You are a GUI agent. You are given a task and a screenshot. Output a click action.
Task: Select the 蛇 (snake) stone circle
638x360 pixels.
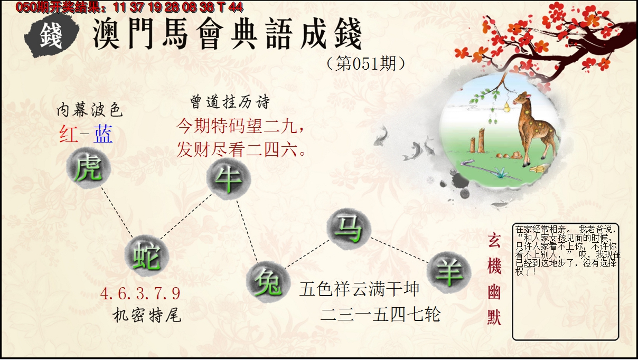pyautogui.click(x=146, y=255)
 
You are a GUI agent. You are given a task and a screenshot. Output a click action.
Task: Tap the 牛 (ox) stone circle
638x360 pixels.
pyautogui.click(x=228, y=179)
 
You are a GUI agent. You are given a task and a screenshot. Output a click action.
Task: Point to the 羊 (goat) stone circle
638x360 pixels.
pyautogui.click(x=448, y=271)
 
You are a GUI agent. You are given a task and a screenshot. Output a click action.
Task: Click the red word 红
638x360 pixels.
pyautogui.click(x=69, y=135)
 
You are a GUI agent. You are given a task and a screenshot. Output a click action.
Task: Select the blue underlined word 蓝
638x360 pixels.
pyautogui.click(x=103, y=135)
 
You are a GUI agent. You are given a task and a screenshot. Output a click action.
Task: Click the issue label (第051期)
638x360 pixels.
pyautogui.click(x=366, y=64)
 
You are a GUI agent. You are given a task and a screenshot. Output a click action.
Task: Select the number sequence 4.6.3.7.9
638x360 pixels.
pyautogui.click(x=140, y=293)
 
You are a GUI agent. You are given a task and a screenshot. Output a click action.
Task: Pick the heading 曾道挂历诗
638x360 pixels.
pyautogui.click(x=229, y=102)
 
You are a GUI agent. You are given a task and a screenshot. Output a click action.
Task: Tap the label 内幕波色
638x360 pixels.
pyautogui.click(x=89, y=110)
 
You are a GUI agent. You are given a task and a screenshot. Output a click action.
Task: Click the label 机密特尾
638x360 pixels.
pyautogui.click(x=147, y=316)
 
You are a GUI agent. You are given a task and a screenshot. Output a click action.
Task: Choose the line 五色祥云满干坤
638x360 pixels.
pyautogui.click(x=359, y=289)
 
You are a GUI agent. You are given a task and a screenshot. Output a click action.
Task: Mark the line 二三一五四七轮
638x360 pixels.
pyautogui.click(x=380, y=315)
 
